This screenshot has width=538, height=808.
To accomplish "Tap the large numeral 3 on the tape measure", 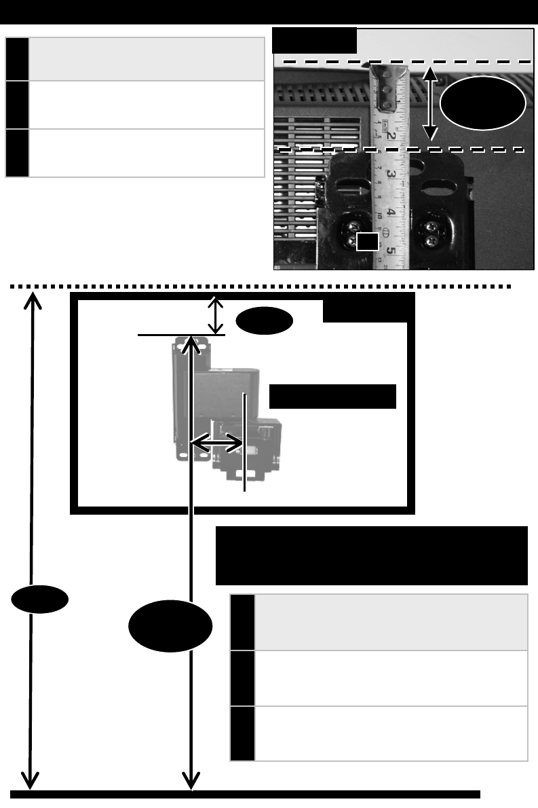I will (x=392, y=175).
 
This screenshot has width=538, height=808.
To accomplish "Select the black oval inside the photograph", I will (x=482, y=104).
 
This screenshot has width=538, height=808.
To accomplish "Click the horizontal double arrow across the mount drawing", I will (x=217, y=443).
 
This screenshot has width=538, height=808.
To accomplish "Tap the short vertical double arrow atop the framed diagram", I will (x=216, y=315).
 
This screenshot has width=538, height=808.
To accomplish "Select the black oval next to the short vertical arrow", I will (x=265, y=322).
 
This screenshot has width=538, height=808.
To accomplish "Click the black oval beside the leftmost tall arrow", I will (x=40, y=600).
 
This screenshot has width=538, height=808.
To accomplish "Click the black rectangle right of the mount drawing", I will (x=332, y=397).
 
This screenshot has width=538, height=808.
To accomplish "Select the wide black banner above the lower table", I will (x=371, y=555).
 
